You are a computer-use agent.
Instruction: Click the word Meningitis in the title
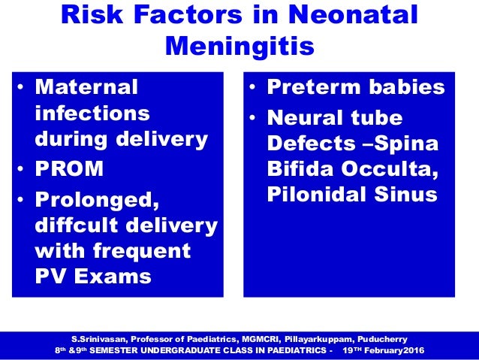point(239,47)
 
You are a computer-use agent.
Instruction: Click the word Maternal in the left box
point(88,88)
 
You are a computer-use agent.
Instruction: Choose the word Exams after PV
point(110,277)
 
